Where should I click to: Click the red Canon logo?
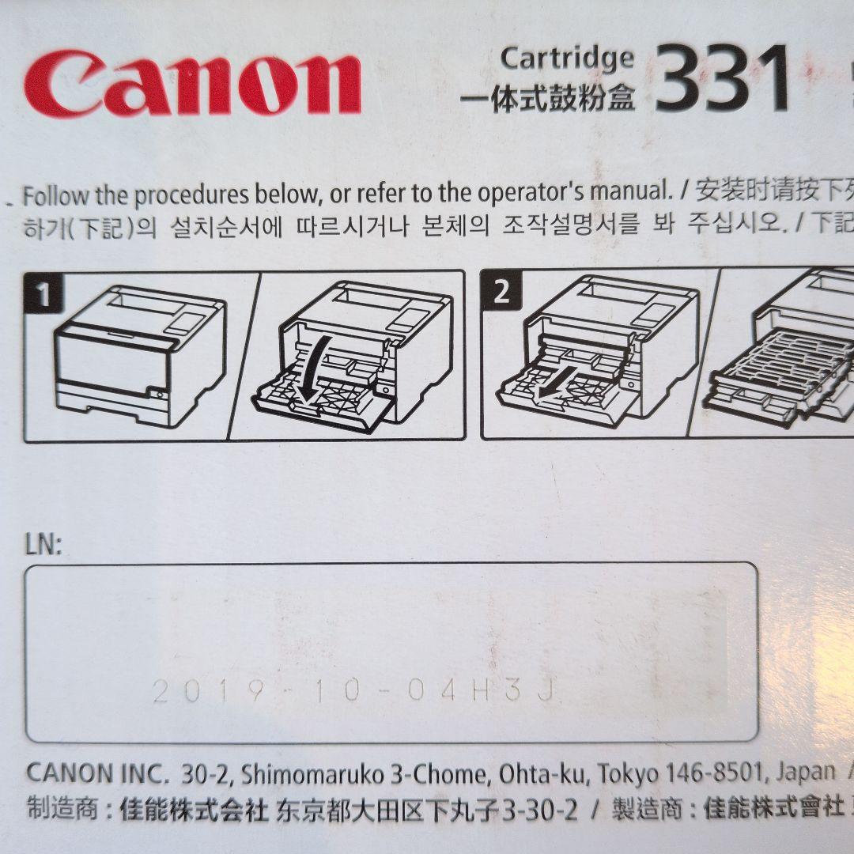click(x=192, y=85)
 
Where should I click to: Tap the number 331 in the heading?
click(x=722, y=79)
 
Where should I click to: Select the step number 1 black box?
click(x=43, y=294)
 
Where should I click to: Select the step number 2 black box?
click(x=501, y=293)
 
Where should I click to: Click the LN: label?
click(x=43, y=545)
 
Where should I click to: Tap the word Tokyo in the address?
click(x=625, y=773)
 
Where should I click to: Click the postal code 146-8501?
click(x=711, y=773)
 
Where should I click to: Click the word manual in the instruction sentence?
click(x=633, y=192)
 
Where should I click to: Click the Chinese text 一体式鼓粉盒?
click(x=546, y=100)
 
